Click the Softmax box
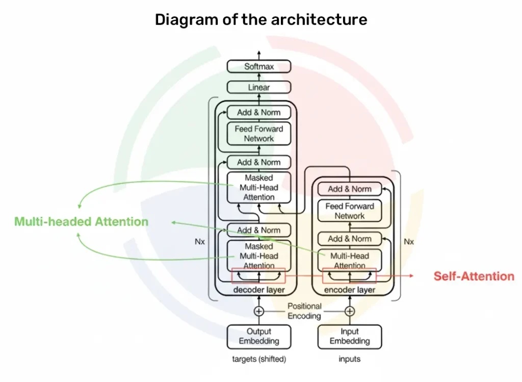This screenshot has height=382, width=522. pyautogui.click(x=259, y=66)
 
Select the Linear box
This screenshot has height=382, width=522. pyautogui.click(x=259, y=87)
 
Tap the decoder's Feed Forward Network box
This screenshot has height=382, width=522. pyautogui.click(x=259, y=134)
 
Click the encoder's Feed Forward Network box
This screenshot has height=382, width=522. pyautogui.click(x=350, y=211)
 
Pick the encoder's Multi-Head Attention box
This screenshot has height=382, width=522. pyautogui.click(x=350, y=260)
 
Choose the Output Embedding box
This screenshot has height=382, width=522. pyautogui.click(x=259, y=337)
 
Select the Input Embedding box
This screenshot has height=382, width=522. pyautogui.click(x=350, y=337)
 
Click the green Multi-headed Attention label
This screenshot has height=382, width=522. pyautogui.click(x=81, y=222)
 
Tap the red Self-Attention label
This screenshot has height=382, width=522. pyautogui.click(x=474, y=276)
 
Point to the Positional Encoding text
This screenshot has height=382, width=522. pyautogui.click(x=304, y=311)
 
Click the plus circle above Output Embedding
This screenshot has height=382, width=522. pyautogui.click(x=259, y=311)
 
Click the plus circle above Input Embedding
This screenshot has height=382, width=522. pyautogui.click(x=350, y=311)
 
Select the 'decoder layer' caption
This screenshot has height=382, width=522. pyautogui.click(x=259, y=290)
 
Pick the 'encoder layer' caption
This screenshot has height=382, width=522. pyautogui.click(x=350, y=290)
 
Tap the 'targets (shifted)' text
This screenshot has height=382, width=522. pyautogui.click(x=259, y=359)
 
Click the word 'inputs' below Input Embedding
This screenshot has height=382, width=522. pyautogui.click(x=350, y=359)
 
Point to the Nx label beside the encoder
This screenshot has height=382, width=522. pyautogui.click(x=409, y=242)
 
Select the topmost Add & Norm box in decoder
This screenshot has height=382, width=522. pyautogui.click(x=259, y=112)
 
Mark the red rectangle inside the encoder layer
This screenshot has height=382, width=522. pyautogui.click(x=350, y=276)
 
